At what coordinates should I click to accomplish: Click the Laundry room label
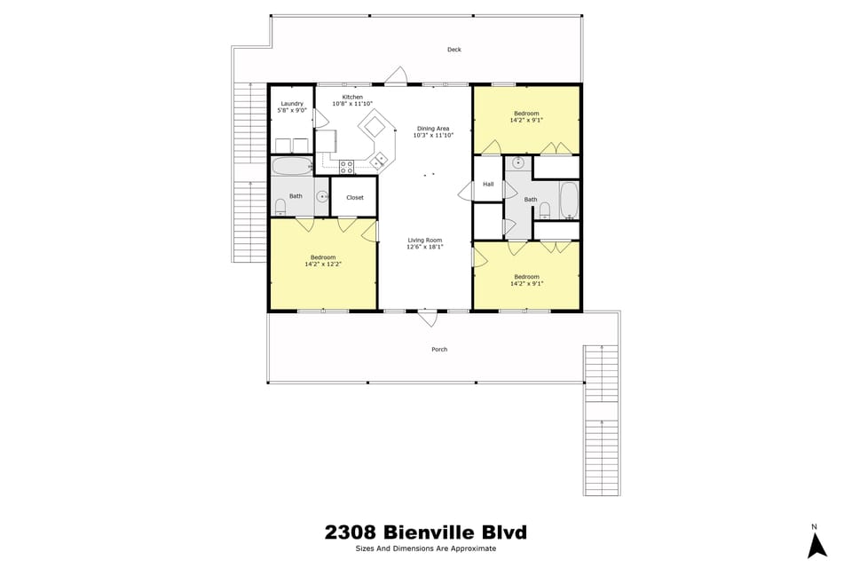(291, 104)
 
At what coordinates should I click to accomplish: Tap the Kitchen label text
(352, 97)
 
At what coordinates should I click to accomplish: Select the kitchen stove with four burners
(347, 164)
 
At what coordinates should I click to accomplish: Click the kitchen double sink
(381, 160)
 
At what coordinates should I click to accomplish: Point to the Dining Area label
(433, 129)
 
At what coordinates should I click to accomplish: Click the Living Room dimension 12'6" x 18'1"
(424, 248)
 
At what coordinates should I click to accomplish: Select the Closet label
(355, 198)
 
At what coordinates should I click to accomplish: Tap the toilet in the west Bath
(280, 207)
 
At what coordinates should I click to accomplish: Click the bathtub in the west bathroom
(291, 165)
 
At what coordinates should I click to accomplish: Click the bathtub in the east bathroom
(568, 200)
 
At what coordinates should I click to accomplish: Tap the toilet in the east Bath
(545, 210)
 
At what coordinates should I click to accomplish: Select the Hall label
(488, 185)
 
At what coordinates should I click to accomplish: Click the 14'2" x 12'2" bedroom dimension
(323, 264)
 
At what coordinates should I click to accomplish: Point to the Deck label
(454, 50)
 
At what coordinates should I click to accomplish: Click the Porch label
(439, 350)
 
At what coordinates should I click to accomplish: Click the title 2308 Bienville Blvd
(425, 532)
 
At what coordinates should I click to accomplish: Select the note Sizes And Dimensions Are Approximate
(425, 549)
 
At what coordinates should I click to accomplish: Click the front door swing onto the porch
(428, 317)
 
